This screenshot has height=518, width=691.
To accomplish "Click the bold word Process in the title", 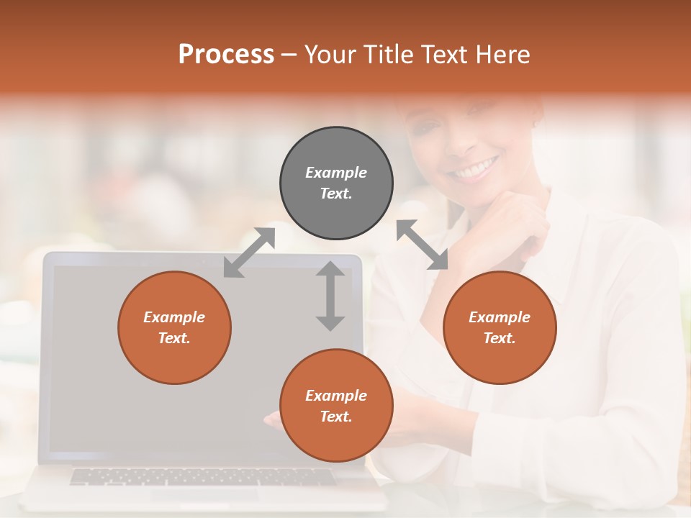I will (226, 55).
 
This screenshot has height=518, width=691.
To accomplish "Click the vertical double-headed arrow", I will (330, 296).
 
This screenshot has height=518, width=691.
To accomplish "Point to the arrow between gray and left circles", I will (249, 253).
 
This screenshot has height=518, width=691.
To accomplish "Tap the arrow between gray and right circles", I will (422, 245).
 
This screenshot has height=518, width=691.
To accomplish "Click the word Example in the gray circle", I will (336, 173).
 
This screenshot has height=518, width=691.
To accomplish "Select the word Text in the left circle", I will (174, 338).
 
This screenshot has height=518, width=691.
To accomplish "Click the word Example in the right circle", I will (500, 317).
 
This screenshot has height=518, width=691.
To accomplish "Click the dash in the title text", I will (289, 55).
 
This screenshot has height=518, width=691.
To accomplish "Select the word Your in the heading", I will (332, 55).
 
